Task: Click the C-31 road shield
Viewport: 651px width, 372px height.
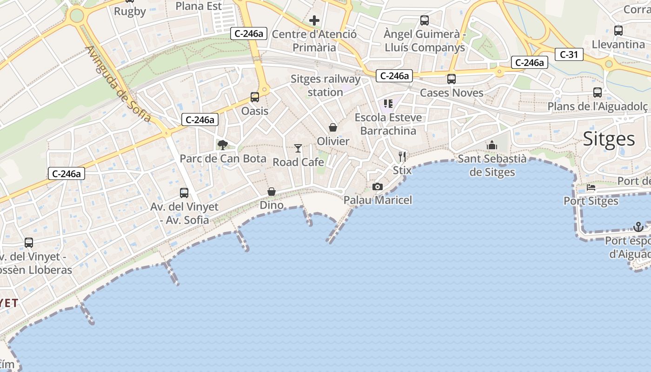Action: (x=569, y=54)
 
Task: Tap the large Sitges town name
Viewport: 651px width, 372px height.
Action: (x=609, y=139)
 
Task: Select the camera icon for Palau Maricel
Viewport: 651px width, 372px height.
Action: (x=378, y=187)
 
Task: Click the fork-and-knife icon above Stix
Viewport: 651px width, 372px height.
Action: (x=402, y=156)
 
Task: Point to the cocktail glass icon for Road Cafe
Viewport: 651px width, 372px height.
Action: (x=298, y=148)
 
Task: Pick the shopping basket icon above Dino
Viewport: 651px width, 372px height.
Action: (x=272, y=192)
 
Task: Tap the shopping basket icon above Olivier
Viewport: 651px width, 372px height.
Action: (x=333, y=127)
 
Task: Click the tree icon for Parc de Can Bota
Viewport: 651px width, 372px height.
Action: (x=223, y=145)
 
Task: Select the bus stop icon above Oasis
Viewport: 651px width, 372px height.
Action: (x=255, y=97)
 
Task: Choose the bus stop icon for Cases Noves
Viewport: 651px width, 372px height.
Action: (x=452, y=79)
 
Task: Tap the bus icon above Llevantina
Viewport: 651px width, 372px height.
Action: (x=618, y=31)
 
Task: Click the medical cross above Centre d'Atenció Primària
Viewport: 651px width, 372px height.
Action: (x=314, y=20)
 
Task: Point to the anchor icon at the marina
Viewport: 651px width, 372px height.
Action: (x=638, y=227)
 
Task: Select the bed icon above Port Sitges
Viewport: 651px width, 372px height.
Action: (x=591, y=187)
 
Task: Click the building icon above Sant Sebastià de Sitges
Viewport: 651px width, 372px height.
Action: (x=492, y=146)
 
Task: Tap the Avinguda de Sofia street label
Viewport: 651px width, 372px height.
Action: (x=119, y=84)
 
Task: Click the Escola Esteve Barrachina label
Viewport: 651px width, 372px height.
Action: (x=388, y=124)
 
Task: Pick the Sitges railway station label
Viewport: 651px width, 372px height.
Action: (x=325, y=86)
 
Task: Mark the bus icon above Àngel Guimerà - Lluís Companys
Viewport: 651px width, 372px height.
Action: (x=425, y=20)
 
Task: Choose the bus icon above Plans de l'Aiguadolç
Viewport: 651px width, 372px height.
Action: (x=598, y=93)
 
